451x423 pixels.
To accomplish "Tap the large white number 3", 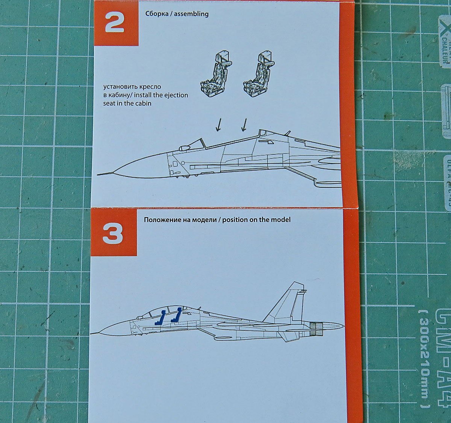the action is [x=113, y=234].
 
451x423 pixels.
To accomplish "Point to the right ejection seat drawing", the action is [x=259, y=75].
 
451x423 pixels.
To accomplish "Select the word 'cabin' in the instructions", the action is [x=143, y=103].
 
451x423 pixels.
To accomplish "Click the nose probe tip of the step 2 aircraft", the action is [x=98, y=174].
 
